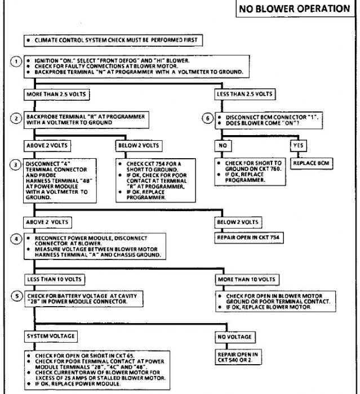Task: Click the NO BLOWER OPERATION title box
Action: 295,8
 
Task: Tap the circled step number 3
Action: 16,164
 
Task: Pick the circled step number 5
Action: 16,297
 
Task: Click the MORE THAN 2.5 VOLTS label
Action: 56,93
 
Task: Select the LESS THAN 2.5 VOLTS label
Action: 246,93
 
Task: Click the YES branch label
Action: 298,145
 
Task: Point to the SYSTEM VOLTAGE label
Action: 51,336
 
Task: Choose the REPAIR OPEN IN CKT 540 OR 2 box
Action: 237,357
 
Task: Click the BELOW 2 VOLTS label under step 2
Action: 139,145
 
